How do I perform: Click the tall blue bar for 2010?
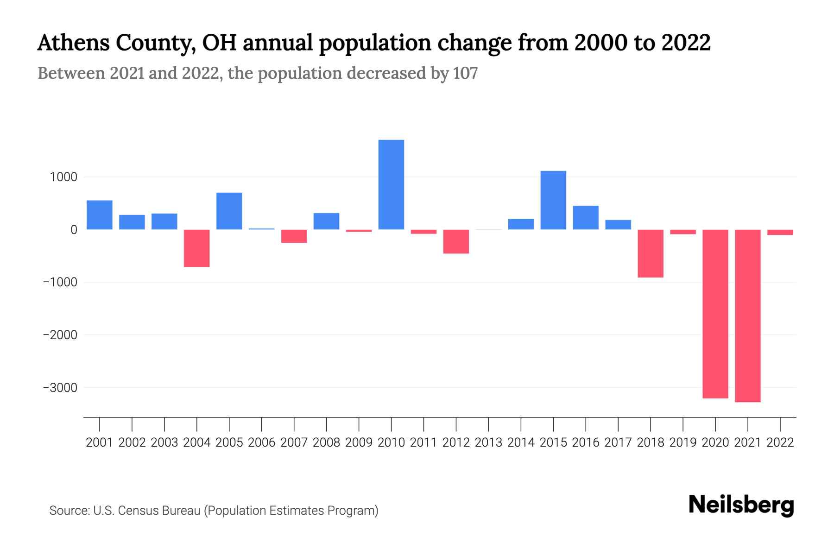[391, 184]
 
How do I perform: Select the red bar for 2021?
[747, 316]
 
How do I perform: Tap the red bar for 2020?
[715, 314]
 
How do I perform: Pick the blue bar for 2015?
[553, 200]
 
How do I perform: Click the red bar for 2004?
[197, 248]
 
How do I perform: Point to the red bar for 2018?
[650, 253]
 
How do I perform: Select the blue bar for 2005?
[229, 211]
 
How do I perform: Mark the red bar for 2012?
[456, 241]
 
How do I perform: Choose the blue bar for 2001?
[100, 215]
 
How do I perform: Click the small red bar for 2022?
[780, 232]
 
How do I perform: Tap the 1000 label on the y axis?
[63, 177]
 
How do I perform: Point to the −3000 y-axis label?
[60, 388]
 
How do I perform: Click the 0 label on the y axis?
[74, 230]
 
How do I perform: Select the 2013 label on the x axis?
[488, 442]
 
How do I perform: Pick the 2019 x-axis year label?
[682, 442]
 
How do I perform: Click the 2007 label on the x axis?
[294, 442]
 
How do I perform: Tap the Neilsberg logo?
[741, 505]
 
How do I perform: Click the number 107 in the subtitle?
[465, 73]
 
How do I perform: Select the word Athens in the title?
[73, 43]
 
